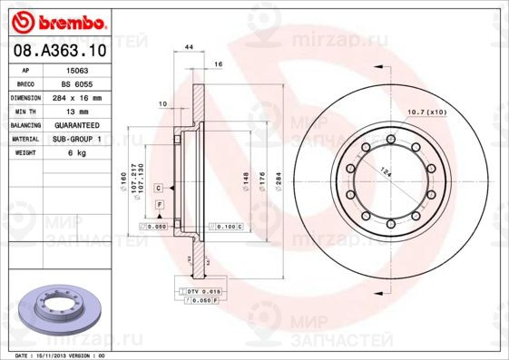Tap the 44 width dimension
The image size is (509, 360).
189,46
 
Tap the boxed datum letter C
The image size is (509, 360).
159,187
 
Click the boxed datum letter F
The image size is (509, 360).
160,206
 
